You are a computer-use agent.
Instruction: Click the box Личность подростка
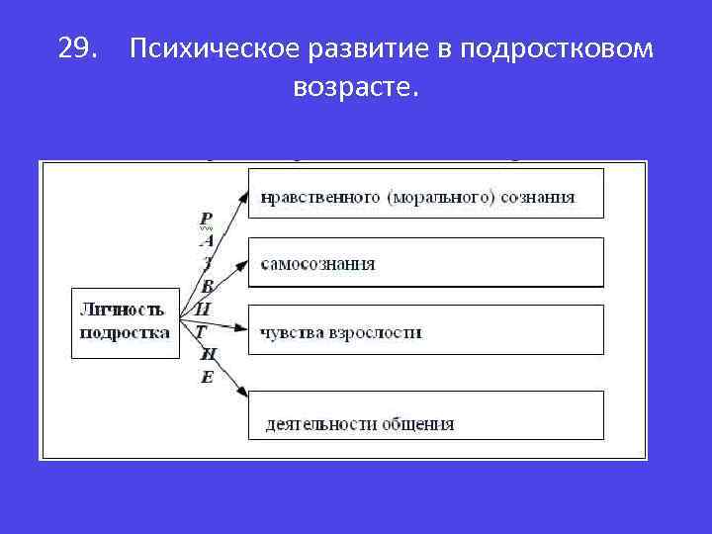[x=124, y=321]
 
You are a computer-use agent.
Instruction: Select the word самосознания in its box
[x=318, y=264]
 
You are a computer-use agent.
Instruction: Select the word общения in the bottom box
[x=417, y=424]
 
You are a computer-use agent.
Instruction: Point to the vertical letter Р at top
[x=206, y=219]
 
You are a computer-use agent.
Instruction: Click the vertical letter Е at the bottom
[x=206, y=377]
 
